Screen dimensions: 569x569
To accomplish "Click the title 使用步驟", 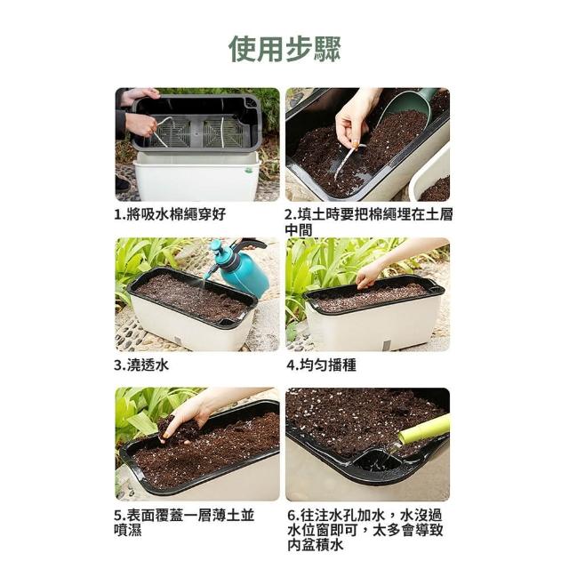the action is click(x=284, y=49).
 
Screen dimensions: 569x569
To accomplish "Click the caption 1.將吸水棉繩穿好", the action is click(x=170, y=214).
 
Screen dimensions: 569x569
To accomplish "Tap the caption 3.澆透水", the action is click(x=142, y=365).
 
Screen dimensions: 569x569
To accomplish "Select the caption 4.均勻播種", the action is click(x=322, y=365).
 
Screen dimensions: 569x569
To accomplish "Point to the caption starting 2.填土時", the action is click(x=369, y=221).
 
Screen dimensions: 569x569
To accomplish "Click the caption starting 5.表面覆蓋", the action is click(x=184, y=523).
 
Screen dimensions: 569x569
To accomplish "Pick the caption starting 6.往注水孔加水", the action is click(x=365, y=530).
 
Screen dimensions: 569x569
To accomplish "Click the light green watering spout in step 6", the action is click(x=425, y=429).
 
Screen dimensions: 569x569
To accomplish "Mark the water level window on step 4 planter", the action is click(x=386, y=345).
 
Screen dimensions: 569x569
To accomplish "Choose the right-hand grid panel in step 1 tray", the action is click(x=222, y=132).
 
